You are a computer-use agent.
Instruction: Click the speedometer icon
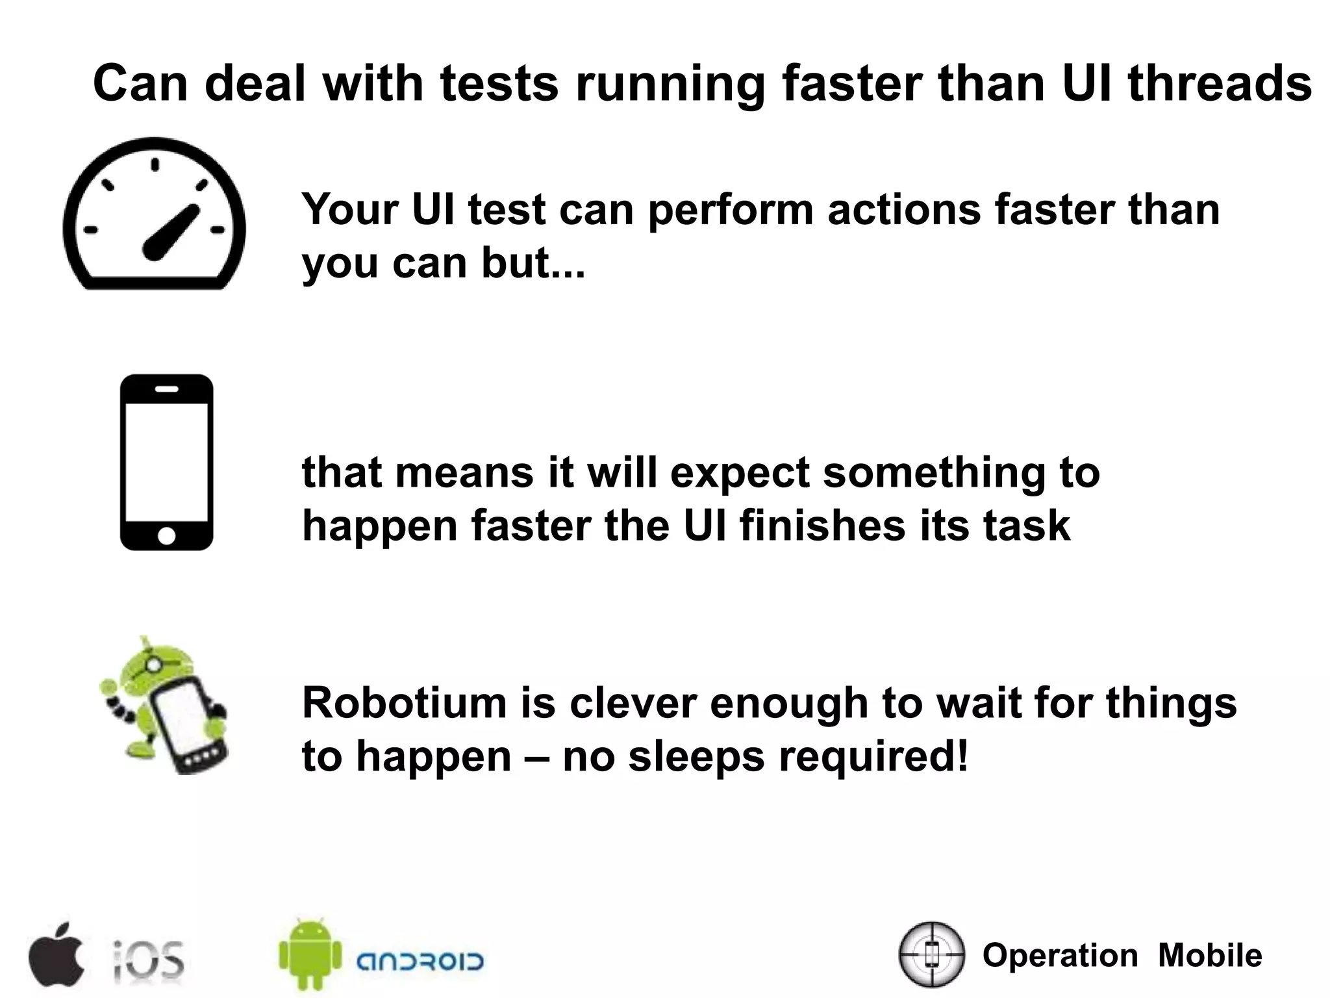click(154, 214)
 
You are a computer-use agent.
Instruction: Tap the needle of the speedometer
click(170, 233)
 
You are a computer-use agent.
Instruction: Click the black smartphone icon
click(166, 462)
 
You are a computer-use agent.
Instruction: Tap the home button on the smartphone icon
click(166, 535)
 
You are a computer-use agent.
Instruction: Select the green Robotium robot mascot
click(164, 706)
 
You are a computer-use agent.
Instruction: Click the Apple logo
click(56, 953)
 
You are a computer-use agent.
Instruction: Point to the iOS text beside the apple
click(149, 959)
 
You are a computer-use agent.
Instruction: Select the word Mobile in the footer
click(1210, 955)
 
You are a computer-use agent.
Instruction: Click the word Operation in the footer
click(1060, 955)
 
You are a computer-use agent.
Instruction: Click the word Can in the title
click(140, 83)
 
